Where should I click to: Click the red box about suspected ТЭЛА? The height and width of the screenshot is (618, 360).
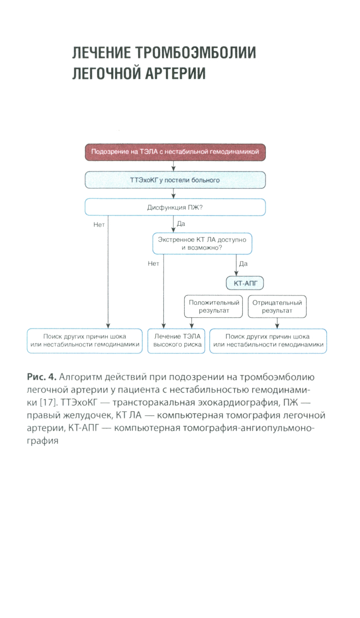coord(175,152)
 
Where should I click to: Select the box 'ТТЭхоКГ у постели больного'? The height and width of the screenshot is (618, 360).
coord(175,180)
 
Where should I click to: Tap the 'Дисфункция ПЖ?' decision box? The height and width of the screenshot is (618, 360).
coord(175,207)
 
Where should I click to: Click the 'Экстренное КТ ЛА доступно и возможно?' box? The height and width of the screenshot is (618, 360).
coord(202,244)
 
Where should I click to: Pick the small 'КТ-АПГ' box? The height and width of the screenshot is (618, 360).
coord(245,283)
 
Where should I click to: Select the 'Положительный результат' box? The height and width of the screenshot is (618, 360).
coord(213,306)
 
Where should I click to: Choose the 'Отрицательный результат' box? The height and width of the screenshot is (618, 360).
coord(277,306)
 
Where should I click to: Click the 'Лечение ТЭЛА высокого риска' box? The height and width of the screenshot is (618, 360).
coord(176,341)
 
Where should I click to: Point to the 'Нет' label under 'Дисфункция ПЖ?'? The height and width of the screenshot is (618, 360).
coord(99,224)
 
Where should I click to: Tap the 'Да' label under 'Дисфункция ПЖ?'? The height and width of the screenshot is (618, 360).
coord(181,224)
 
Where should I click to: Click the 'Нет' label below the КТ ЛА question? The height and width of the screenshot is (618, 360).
coord(153,264)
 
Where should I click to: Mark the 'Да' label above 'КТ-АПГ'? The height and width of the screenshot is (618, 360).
coord(243,264)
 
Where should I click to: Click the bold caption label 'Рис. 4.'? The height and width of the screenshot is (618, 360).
coord(41,377)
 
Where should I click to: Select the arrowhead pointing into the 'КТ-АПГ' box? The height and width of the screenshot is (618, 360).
coord(236,274)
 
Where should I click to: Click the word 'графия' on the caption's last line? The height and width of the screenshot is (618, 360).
coord(42,441)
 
